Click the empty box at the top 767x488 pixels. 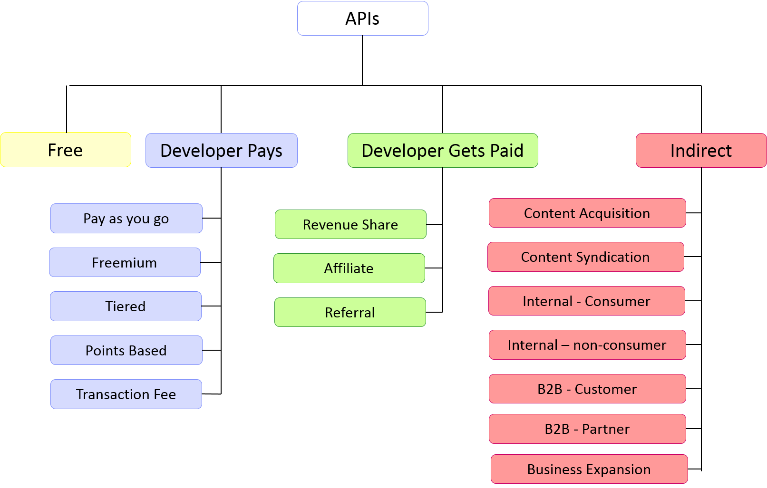click(x=363, y=19)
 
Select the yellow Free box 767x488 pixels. click(x=66, y=150)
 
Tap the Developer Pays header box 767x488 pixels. click(x=222, y=151)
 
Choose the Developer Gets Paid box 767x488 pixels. click(x=443, y=151)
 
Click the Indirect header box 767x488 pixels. click(x=701, y=151)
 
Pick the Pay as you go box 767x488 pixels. click(x=126, y=219)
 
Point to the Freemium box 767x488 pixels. click(x=125, y=262)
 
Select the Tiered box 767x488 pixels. click(x=126, y=306)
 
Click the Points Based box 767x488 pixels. click(x=126, y=350)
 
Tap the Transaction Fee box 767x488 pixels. click(x=126, y=394)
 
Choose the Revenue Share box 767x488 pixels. click(x=350, y=224)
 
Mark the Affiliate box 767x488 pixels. click(x=349, y=268)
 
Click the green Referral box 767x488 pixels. click(x=350, y=312)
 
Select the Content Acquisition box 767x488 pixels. click(x=587, y=213)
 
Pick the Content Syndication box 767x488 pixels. click(x=586, y=257)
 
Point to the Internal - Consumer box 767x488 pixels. click(x=587, y=301)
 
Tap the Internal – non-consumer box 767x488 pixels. click(x=587, y=345)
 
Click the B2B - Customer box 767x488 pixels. click(x=587, y=389)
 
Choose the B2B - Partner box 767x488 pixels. click(x=587, y=429)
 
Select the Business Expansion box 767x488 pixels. click(x=589, y=469)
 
